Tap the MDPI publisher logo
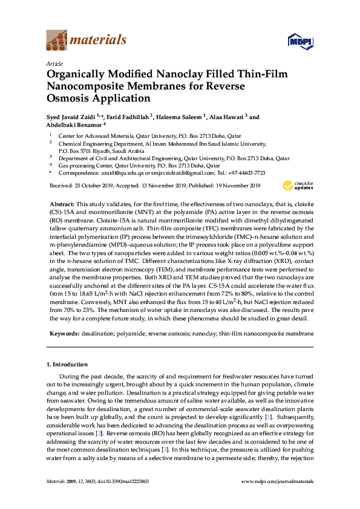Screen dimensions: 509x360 coord(298,41)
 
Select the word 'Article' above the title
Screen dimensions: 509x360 coord(54,63)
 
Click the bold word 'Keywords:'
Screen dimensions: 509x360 coord(62,334)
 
